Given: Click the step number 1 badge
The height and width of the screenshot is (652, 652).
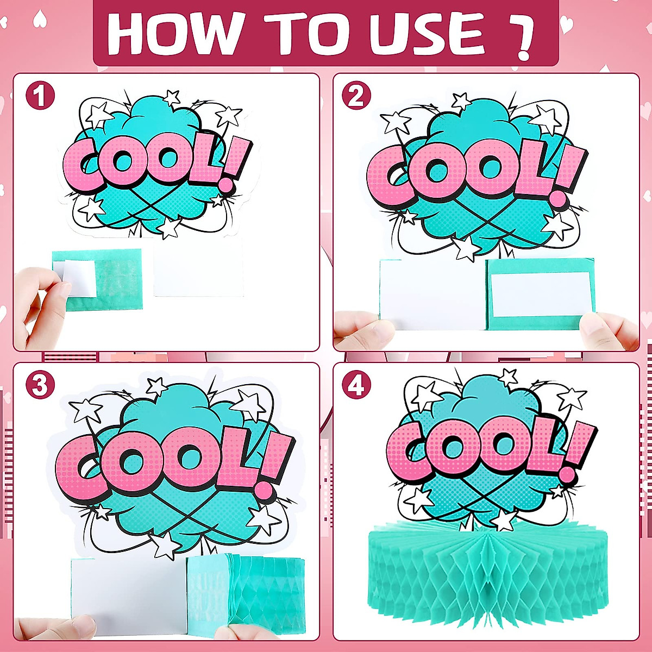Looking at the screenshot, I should pos(40,97).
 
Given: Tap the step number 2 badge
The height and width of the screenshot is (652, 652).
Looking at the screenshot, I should pos(356,97).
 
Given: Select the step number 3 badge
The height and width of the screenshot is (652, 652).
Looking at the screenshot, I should pos(40,386).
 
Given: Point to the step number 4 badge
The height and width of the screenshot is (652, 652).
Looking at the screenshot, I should pos(356,386).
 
